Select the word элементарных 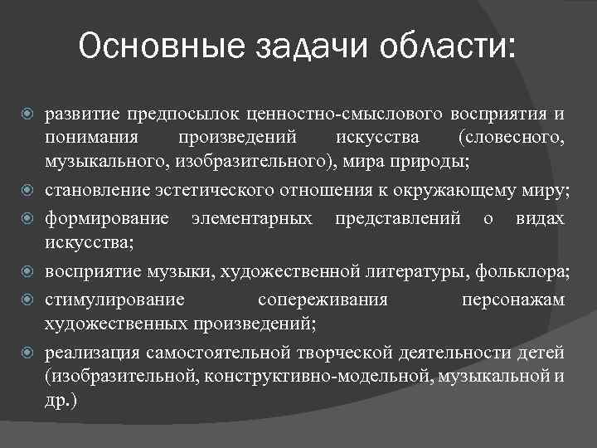tap(252, 219)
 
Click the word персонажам tap(513, 299)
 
